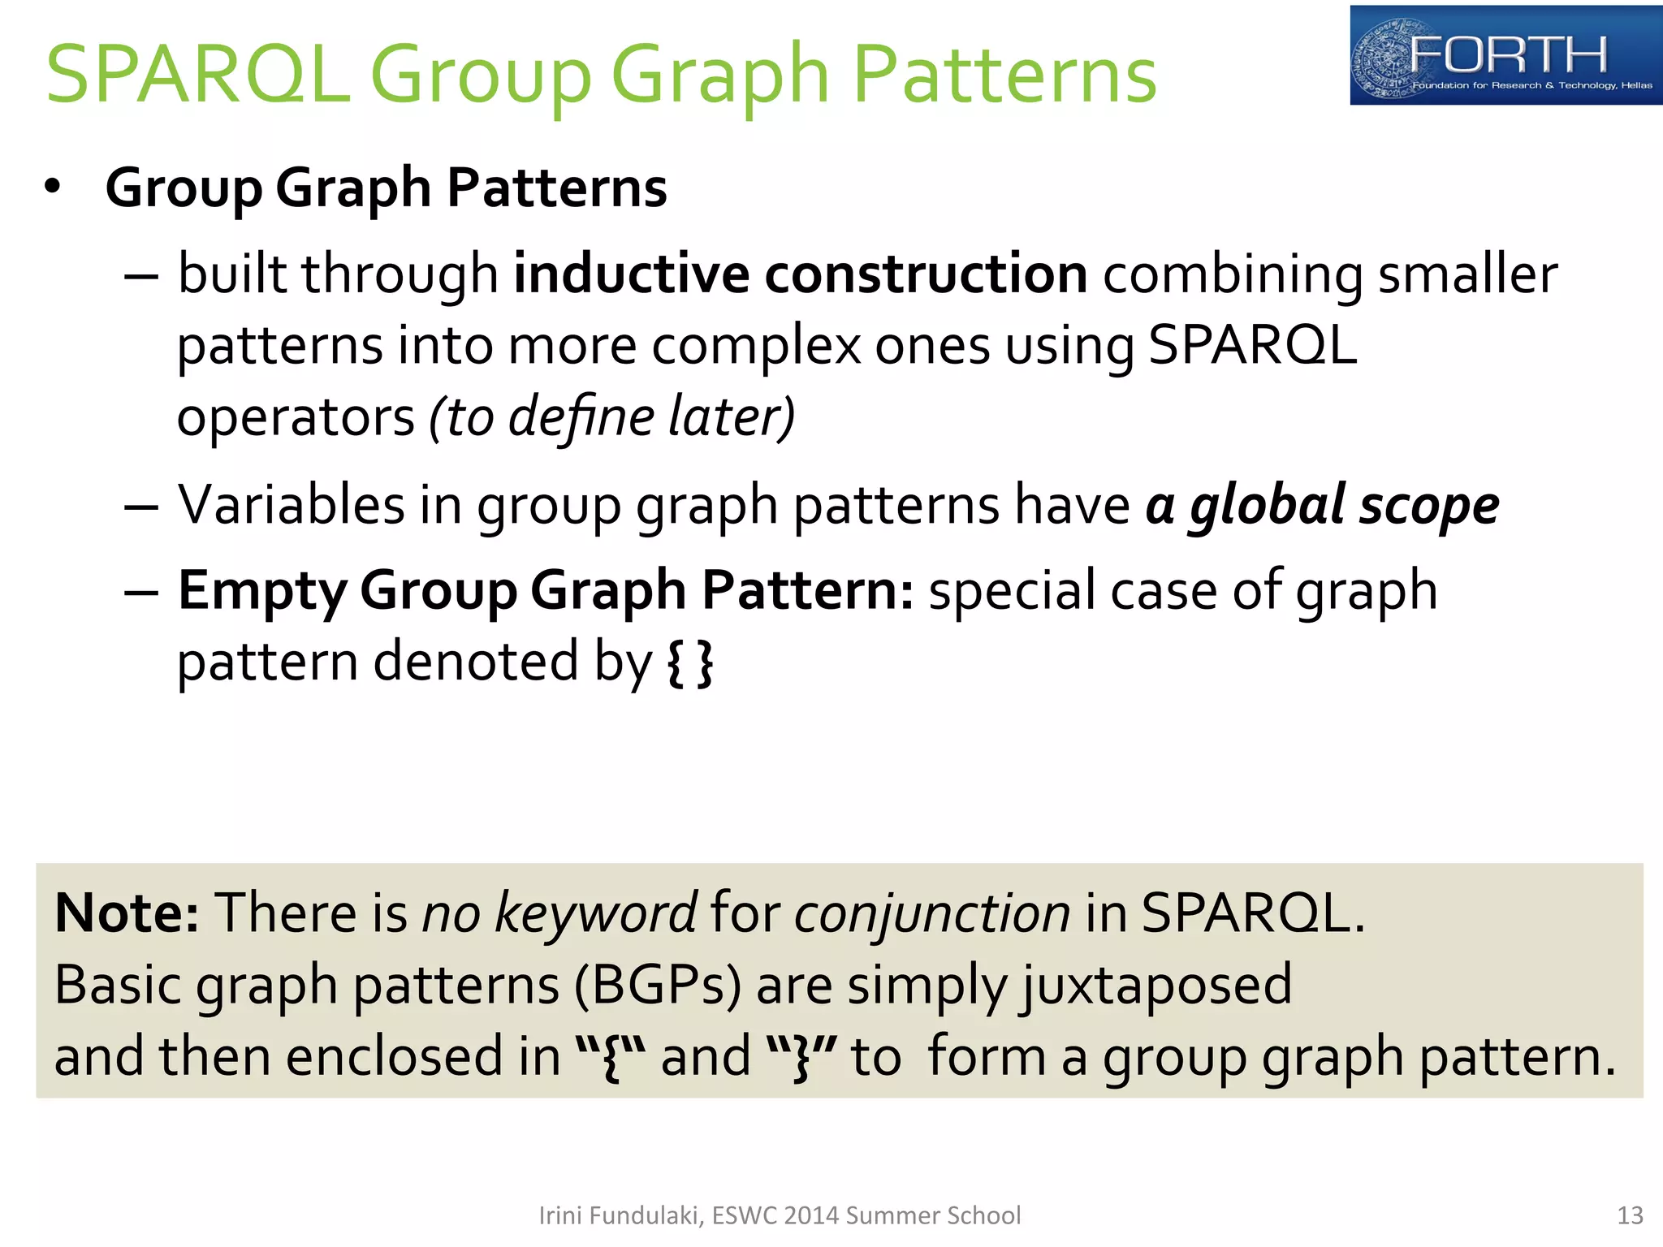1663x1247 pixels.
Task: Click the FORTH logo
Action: pyautogui.click(x=1505, y=55)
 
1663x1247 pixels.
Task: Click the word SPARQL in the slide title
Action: pyautogui.click(x=198, y=75)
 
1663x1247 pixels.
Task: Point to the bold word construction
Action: pyautogui.click(x=926, y=274)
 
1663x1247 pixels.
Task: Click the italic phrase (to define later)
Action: pyautogui.click(x=611, y=416)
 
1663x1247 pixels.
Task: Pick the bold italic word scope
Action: pyautogui.click(x=1428, y=505)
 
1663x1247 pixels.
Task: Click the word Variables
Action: pyautogui.click(x=291, y=505)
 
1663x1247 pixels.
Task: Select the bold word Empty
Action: pyautogui.click(x=261, y=591)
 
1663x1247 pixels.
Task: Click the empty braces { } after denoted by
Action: pyautogui.click(x=689, y=662)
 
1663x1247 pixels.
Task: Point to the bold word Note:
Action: pyautogui.click(x=127, y=913)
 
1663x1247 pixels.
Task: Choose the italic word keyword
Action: pyautogui.click(x=595, y=913)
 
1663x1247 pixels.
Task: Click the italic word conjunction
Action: pyautogui.click(x=932, y=913)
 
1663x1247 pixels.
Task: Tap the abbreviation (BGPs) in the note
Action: pyautogui.click(x=658, y=985)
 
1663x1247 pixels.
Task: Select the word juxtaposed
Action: pyautogui.click(x=1155, y=985)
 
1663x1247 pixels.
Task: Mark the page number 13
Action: pyautogui.click(x=1630, y=1215)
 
